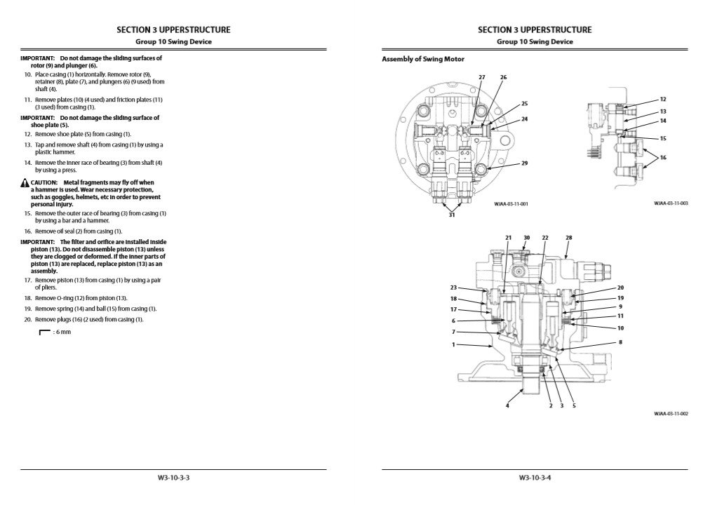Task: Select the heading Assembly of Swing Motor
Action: (423, 59)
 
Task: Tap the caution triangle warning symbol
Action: (25, 182)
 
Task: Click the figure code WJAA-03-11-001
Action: (511, 204)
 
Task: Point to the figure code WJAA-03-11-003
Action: (671, 203)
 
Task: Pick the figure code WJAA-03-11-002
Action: (671, 414)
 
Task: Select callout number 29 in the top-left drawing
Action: (525, 163)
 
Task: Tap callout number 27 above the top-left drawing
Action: (482, 76)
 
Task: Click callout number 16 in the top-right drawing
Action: (663, 157)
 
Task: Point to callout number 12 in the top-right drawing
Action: (663, 100)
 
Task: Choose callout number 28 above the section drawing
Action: (569, 238)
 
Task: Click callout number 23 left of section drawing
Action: (454, 288)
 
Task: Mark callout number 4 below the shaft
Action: (508, 405)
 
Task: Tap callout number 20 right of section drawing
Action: (620, 288)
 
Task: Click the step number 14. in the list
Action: (27, 163)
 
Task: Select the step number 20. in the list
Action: (27, 320)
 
